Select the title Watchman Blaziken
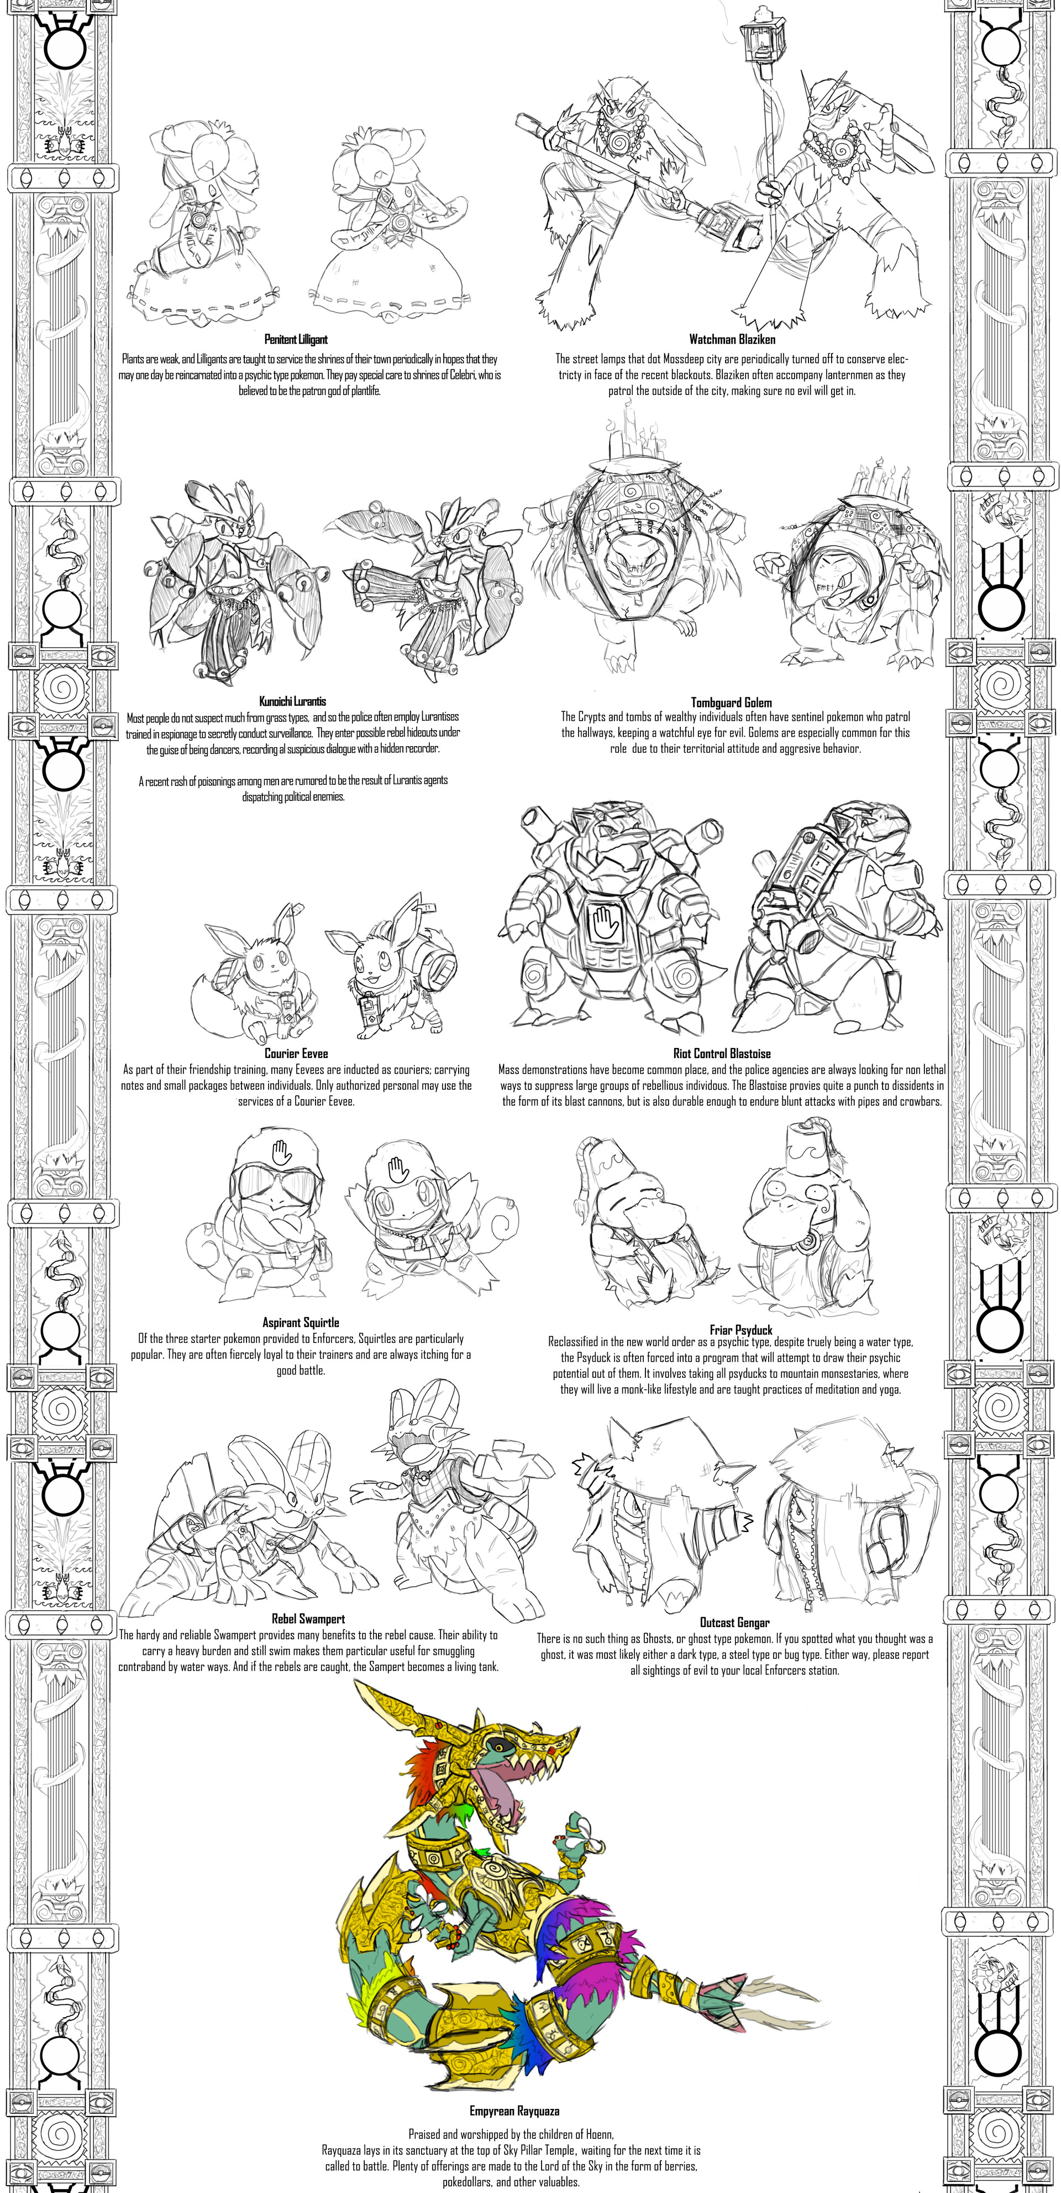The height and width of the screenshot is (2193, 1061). click(x=732, y=340)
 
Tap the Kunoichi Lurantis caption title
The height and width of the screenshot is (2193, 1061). click(x=293, y=701)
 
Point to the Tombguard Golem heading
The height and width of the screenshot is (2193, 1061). click(x=731, y=702)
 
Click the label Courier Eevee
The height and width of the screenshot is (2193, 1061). click(x=296, y=1054)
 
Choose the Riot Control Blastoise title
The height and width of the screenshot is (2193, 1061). click(x=722, y=1054)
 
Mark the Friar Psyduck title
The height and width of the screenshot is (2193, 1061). click(x=741, y=1330)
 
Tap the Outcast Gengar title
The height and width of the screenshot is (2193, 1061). click(x=734, y=1623)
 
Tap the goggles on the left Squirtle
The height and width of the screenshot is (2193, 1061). click(x=273, y=1183)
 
